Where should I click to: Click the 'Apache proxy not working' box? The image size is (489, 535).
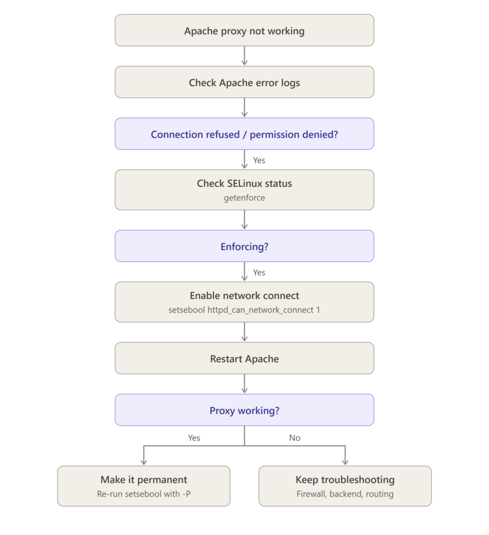click(x=245, y=30)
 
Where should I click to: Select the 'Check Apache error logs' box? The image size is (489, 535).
click(x=245, y=82)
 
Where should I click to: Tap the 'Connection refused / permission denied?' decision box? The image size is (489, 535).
click(x=245, y=134)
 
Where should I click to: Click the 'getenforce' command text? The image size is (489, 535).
click(x=245, y=198)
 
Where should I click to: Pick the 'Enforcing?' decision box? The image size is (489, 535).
click(x=245, y=246)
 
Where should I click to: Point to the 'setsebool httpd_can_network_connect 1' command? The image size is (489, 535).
click(x=245, y=310)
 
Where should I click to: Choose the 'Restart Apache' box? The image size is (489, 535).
click(x=245, y=358)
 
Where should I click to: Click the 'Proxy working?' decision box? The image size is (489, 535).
click(x=245, y=410)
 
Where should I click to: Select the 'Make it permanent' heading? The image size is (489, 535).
click(x=144, y=480)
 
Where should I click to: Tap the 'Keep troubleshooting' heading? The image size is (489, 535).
click(x=345, y=480)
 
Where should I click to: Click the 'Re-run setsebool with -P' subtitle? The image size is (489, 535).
click(x=144, y=494)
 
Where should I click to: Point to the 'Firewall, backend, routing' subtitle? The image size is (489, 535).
click(x=345, y=494)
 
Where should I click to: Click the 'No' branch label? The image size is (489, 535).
click(x=295, y=438)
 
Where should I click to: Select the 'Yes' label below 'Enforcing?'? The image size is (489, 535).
click(x=259, y=272)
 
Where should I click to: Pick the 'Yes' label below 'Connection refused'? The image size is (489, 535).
click(x=259, y=160)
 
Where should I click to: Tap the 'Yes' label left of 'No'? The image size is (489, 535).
click(x=194, y=438)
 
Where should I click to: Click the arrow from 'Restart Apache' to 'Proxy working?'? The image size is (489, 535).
click(x=245, y=384)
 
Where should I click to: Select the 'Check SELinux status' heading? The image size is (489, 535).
click(x=245, y=183)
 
